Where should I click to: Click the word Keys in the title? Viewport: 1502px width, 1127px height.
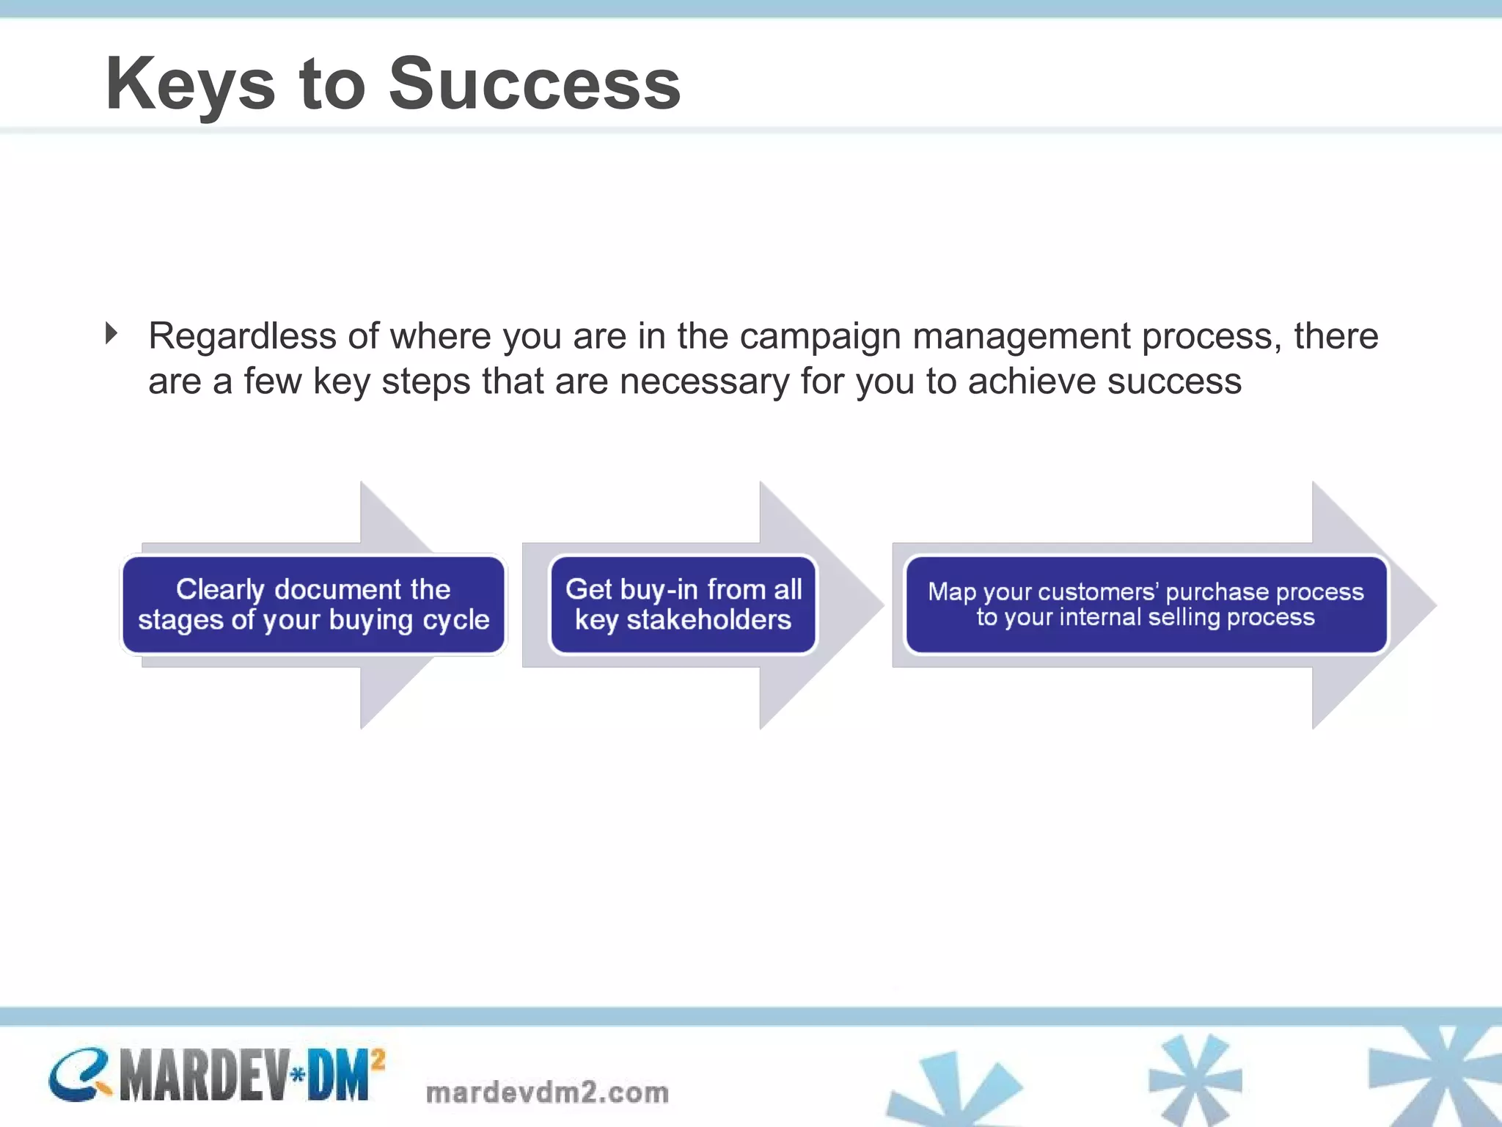point(190,84)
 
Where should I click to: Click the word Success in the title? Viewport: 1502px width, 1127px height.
point(535,84)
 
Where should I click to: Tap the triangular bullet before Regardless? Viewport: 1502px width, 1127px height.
point(111,334)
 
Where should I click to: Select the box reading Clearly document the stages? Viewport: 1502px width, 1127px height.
point(314,605)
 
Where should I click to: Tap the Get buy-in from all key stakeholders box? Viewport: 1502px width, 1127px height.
point(683,605)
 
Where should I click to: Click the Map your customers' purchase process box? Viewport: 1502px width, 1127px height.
point(1146,605)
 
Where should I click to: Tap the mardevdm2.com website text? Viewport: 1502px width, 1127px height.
point(547,1093)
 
